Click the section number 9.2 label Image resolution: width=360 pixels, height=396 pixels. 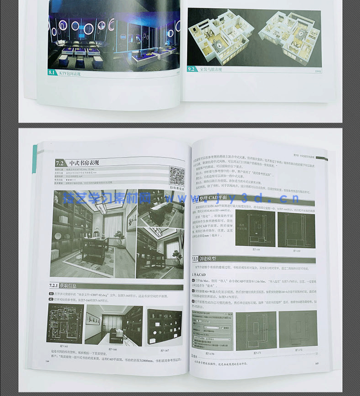(192, 69)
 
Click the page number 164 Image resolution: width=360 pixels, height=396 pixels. (46, 361)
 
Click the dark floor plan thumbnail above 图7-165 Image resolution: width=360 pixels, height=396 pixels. (65, 323)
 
